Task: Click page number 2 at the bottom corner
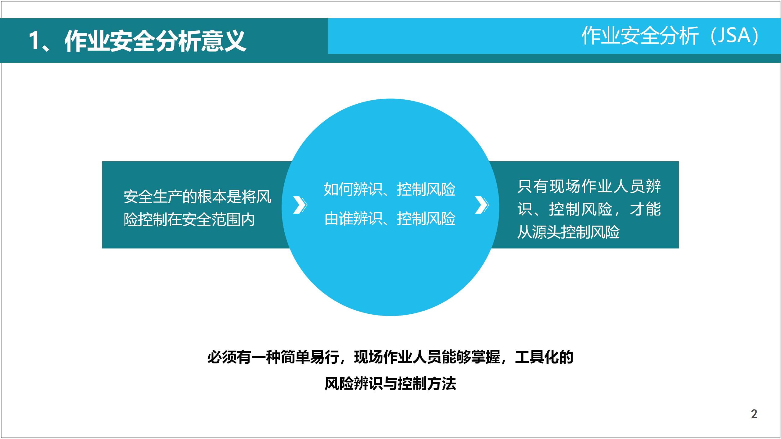click(x=754, y=414)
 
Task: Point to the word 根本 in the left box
click(x=212, y=197)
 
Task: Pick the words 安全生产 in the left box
click(x=153, y=197)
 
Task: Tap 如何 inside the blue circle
click(x=338, y=189)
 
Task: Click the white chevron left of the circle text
click(x=300, y=205)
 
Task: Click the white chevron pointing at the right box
click(x=482, y=205)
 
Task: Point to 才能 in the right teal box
click(x=646, y=209)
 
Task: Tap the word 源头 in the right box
click(x=547, y=232)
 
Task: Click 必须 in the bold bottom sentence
click(x=222, y=357)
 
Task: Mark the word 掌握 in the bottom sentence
click(x=486, y=357)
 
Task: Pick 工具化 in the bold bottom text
click(x=537, y=357)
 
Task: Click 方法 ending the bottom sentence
click(x=442, y=383)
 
